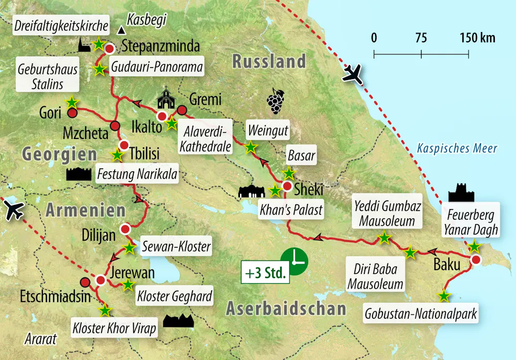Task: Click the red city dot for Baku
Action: point(476,260)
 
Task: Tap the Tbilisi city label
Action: point(146,153)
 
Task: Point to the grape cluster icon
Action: point(275,101)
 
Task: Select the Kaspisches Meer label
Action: point(457,149)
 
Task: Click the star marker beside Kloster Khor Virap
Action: point(105,310)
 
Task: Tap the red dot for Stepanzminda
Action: point(109,49)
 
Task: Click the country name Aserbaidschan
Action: point(285,308)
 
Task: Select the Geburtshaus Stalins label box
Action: point(47,76)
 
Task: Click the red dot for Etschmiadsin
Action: point(85,282)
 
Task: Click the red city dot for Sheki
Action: point(287,186)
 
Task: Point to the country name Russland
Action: point(269,61)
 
